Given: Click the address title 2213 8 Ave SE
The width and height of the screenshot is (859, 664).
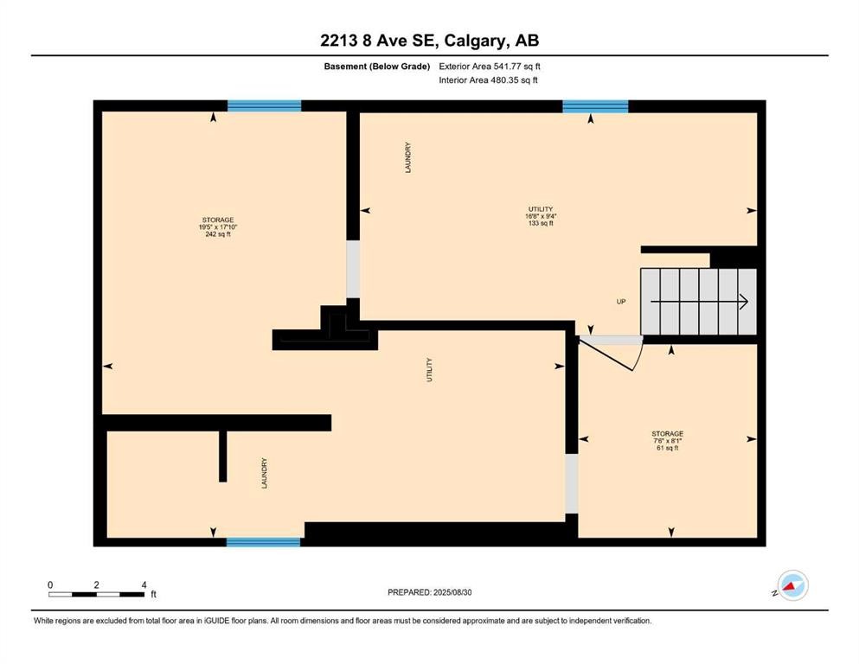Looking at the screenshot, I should (x=429, y=40).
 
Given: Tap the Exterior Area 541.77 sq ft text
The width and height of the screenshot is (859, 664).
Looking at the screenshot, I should (x=490, y=66).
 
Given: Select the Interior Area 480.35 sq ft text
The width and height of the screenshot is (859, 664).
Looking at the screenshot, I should (x=488, y=80).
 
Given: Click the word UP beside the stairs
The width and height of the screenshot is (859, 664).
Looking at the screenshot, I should (x=620, y=302).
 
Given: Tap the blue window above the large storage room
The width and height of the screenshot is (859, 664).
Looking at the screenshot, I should (x=264, y=105).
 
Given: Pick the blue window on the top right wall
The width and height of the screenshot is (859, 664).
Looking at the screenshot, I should (x=595, y=106).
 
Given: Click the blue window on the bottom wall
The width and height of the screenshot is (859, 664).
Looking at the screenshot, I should (x=263, y=542).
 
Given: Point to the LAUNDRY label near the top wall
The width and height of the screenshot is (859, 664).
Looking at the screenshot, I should (x=407, y=157).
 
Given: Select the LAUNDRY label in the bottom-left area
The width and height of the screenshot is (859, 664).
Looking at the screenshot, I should (x=265, y=474).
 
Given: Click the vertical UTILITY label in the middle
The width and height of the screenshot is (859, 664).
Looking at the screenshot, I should (x=429, y=370).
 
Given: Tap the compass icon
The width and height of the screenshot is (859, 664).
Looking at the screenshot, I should (x=792, y=585).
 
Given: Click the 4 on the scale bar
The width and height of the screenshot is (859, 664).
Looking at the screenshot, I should (x=144, y=585).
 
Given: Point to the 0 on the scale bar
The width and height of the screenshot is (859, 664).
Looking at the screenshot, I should (x=51, y=585).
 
